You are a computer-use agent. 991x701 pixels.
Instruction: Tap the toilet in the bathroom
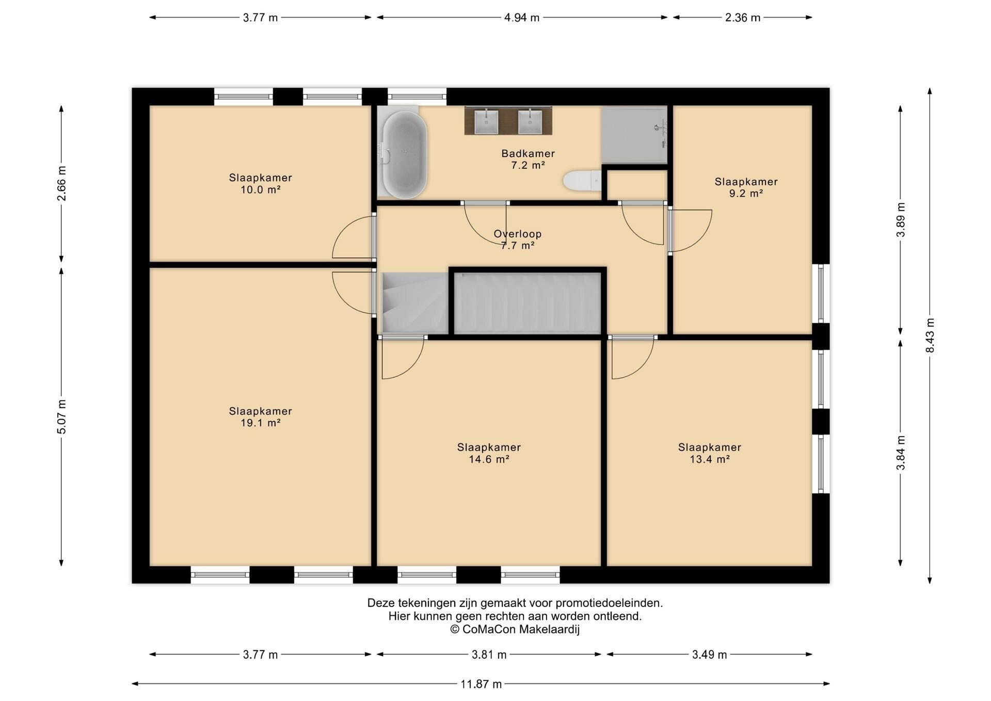pos(582,181)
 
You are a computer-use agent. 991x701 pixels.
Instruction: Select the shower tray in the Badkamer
pos(634,135)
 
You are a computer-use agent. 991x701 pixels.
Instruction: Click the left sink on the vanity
pos(486,121)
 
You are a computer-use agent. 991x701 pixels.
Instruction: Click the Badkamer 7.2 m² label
pos(528,159)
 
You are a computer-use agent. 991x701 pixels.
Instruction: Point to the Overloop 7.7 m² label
pos(517,240)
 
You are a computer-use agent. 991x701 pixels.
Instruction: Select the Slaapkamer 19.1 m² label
pos(260,417)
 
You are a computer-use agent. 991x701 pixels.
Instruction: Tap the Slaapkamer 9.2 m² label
pos(746,187)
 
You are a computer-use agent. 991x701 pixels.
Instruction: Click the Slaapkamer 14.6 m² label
pos(489,453)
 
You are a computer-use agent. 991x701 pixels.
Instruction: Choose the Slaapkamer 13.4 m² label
pos(710,453)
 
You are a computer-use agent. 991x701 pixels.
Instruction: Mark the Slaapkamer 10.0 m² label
pos(260,183)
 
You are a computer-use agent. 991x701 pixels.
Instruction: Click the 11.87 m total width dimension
pos(481,684)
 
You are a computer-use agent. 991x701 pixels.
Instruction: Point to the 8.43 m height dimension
pos(930,336)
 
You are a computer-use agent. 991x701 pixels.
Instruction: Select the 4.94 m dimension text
pos(522,18)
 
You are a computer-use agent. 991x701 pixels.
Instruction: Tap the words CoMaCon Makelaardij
pos(521,629)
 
